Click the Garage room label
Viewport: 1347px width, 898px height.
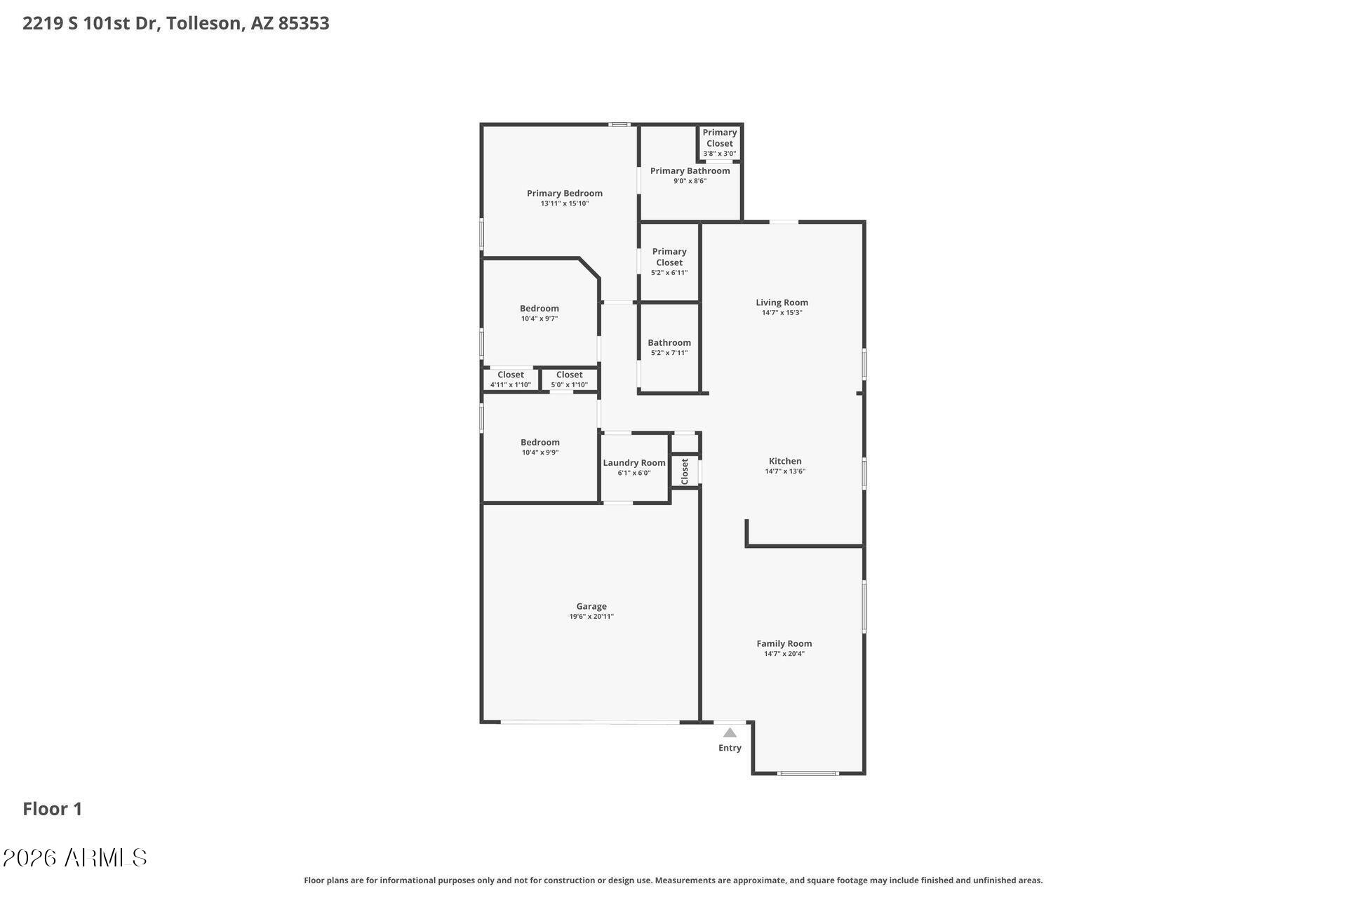point(591,606)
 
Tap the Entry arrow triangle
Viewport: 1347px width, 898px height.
point(730,732)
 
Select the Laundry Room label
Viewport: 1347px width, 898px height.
point(634,463)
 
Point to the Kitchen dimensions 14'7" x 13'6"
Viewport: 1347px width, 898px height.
point(785,471)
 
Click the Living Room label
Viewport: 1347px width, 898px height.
point(782,302)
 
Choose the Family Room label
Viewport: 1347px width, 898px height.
point(784,643)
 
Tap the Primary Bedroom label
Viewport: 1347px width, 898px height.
point(565,193)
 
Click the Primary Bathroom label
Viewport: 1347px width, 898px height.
point(690,170)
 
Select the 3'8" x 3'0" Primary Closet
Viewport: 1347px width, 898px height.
point(720,142)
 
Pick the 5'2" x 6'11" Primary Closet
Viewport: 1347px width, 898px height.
point(669,262)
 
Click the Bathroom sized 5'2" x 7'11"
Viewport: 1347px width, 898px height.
point(669,347)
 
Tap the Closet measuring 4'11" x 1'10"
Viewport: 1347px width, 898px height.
point(511,379)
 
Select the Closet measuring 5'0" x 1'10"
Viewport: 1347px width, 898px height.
point(570,379)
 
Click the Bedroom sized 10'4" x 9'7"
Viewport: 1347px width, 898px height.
point(540,313)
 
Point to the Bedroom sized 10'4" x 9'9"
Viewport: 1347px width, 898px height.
point(540,447)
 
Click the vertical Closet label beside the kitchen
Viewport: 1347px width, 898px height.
point(685,471)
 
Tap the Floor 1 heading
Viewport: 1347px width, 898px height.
point(53,809)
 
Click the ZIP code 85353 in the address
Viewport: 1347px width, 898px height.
point(304,23)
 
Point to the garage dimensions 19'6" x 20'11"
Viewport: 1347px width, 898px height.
point(591,617)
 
